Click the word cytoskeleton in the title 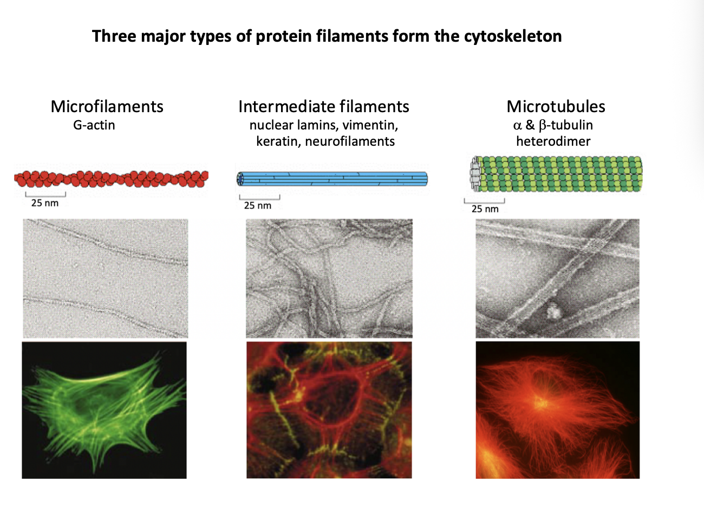pyautogui.click(x=512, y=36)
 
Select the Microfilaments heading pyautogui.click(x=107, y=106)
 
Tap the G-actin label pyautogui.click(x=94, y=125)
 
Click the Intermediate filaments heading pyautogui.click(x=323, y=106)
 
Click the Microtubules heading pyautogui.click(x=556, y=106)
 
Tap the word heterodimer pyautogui.click(x=553, y=141)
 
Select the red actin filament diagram pyautogui.click(x=111, y=179)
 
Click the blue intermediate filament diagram pyautogui.click(x=333, y=179)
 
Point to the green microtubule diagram pyautogui.click(x=558, y=173)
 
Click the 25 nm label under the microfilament pyautogui.click(x=45, y=203)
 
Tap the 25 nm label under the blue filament pyautogui.click(x=258, y=205)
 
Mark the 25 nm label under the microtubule pyautogui.click(x=485, y=209)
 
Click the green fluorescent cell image pyautogui.click(x=104, y=410)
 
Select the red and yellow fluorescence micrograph pyautogui.click(x=329, y=410)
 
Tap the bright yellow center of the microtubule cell pyautogui.click(x=539, y=401)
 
